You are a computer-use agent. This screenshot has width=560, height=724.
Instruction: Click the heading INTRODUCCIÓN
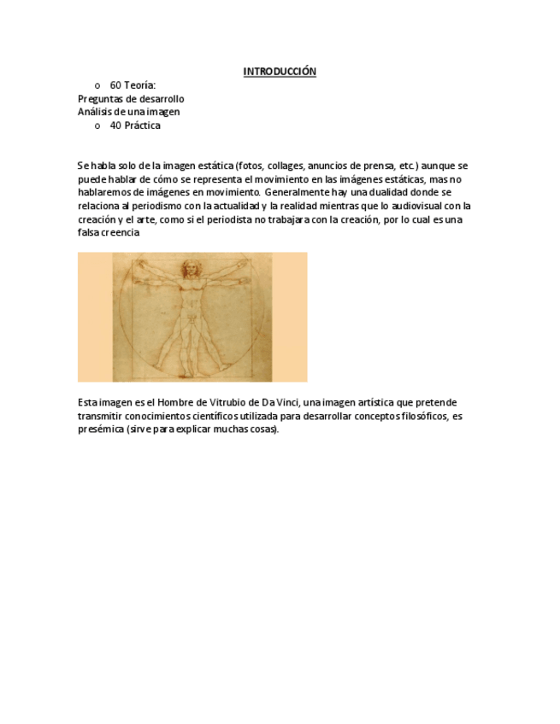(x=280, y=72)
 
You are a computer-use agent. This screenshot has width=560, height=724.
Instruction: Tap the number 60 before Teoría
(x=115, y=85)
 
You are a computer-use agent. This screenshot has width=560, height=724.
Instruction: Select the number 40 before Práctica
(x=115, y=126)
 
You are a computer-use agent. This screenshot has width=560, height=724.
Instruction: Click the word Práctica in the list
(x=142, y=126)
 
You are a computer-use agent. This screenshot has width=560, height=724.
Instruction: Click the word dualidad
(x=396, y=192)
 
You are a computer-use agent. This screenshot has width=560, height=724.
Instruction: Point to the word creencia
(x=121, y=232)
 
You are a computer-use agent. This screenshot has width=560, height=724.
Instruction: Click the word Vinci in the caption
(x=287, y=402)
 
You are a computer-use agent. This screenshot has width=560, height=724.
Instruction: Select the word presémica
(x=98, y=429)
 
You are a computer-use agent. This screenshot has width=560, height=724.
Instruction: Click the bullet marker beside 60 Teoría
(x=97, y=86)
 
